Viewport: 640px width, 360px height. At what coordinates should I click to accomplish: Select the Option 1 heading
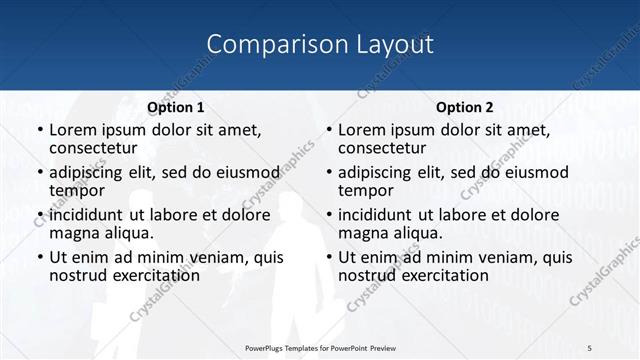click(176, 107)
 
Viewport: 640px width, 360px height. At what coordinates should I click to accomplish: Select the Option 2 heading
click(465, 107)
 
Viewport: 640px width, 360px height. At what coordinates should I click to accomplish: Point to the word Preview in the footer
click(390, 347)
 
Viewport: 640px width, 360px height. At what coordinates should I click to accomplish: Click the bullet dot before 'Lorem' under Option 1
click(39, 131)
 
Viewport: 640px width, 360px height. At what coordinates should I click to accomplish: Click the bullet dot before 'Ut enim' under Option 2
click(328, 257)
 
